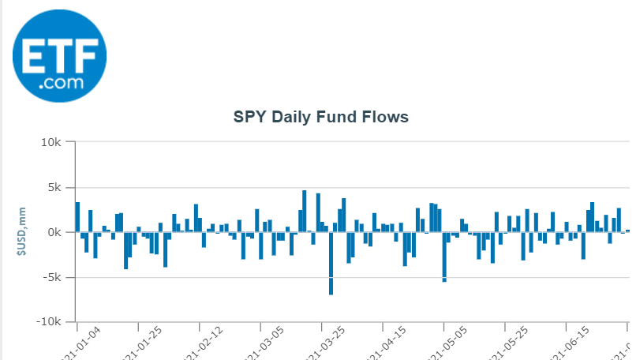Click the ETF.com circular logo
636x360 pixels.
pos(59,55)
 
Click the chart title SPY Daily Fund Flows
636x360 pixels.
pos(320,118)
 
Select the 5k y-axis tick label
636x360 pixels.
pos(53,188)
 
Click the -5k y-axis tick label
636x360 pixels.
pos(51,278)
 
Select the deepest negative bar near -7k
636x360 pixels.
pos(331,263)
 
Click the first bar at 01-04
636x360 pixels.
pos(77,217)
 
